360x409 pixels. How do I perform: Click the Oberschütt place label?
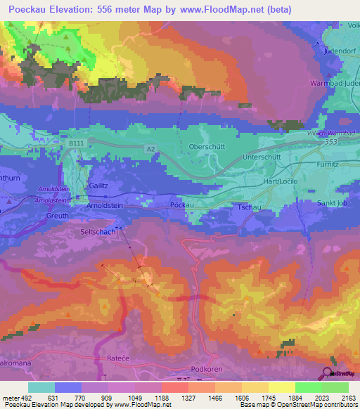coord(206,146)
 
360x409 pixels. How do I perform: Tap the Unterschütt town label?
coord(262,158)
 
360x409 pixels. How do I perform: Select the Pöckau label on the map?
coord(181,204)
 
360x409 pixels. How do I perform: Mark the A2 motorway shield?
coord(150,149)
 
